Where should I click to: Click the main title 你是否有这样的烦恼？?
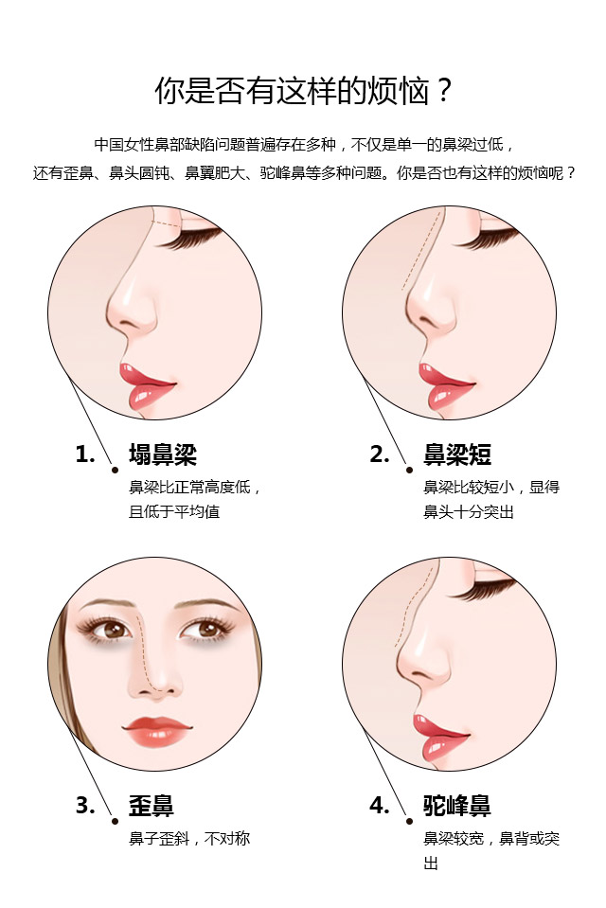pyautogui.click(x=302, y=91)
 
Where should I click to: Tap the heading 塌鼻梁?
pyautogui.click(x=163, y=454)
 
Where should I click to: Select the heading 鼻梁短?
pyautogui.click(x=457, y=454)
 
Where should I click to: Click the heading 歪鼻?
pyautogui.click(x=151, y=806)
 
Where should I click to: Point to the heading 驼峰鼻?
pyautogui.click(x=457, y=806)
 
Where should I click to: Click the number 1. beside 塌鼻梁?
pyautogui.click(x=85, y=454)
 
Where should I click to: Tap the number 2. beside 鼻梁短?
pyautogui.click(x=380, y=454)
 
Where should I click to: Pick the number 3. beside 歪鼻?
pyautogui.click(x=85, y=806)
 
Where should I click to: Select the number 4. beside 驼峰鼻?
pyautogui.click(x=380, y=806)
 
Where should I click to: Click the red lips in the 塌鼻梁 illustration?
pyautogui.click(x=145, y=385)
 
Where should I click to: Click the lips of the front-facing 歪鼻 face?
pyautogui.click(x=156, y=731)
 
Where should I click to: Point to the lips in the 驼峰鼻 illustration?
pyautogui.click(x=437, y=738)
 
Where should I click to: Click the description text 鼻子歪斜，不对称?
pyautogui.click(x=189, y=839)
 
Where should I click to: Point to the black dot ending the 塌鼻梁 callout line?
pyautogui.click(x=116, y=471)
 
